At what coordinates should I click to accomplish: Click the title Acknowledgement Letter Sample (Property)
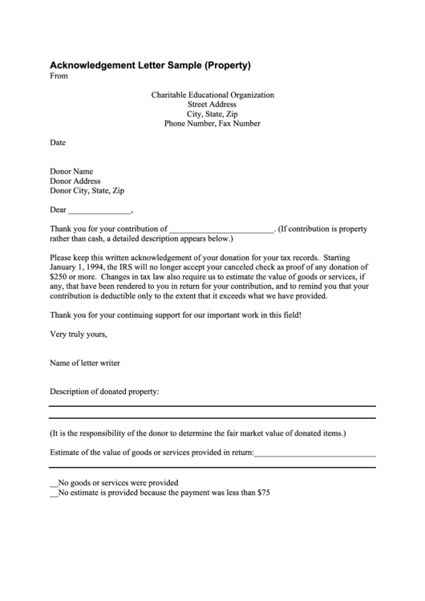(x=151, y=64)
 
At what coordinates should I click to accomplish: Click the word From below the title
(x=59, y=76)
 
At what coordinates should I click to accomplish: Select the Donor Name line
(x=72, y=171)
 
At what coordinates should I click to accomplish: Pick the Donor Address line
(x=75, y=181)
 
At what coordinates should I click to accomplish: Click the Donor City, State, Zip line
(x=87, y=191)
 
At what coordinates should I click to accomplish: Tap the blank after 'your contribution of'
(x=222, y=229)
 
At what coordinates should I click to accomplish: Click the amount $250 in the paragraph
(x=59, y=277)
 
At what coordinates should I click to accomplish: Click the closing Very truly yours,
(x=79, y=334)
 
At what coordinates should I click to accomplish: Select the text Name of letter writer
(x=85, y=363)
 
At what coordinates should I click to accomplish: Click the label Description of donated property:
(x=104, y=392)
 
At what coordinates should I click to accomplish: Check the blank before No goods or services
(x=54, y=484)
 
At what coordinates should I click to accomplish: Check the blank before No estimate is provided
(x=54, y=493)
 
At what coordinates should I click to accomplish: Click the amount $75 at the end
(x=262, y=493)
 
